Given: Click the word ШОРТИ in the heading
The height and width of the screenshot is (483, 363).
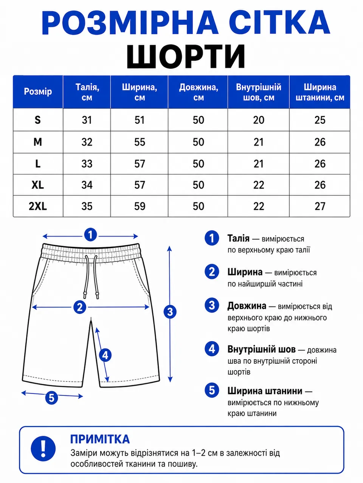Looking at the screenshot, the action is (x=186, y=56).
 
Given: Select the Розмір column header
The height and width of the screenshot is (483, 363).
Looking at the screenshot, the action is (x=38, y=92).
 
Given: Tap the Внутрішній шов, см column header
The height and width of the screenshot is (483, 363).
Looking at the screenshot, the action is (x=259, y=92).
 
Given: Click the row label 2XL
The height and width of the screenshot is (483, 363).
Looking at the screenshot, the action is (x=38, y=206).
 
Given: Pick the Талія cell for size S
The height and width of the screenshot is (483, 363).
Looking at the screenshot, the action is (x=87, y=120).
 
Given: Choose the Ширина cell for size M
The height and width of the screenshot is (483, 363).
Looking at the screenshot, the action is (x=140, y=142).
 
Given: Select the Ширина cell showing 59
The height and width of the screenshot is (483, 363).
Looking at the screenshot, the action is (x=140, y=206).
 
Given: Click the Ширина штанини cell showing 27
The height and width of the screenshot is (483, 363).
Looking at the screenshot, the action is (x=320, y=206).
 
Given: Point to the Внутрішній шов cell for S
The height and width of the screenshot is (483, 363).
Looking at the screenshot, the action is (x=259, y=120).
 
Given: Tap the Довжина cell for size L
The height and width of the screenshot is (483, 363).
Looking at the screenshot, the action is (x=199, y=164).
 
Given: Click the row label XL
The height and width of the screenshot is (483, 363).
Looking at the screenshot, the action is (x=38, y=185).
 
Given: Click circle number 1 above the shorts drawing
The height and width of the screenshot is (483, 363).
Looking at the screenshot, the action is (x=90, y=235).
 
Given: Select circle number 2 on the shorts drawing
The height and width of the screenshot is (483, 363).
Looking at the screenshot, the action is (x=80, y=307).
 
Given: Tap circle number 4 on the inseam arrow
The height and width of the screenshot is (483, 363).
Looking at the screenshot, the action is (x=105, y=355).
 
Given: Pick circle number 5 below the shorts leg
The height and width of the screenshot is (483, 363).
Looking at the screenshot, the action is (x=51, y=398).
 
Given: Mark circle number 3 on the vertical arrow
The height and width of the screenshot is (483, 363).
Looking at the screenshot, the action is (x=170, y=312).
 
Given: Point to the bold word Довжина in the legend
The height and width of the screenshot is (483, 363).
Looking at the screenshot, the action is (x=247, y=306).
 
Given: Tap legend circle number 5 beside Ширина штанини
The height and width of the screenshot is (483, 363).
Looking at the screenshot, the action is (x=212, y=390).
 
